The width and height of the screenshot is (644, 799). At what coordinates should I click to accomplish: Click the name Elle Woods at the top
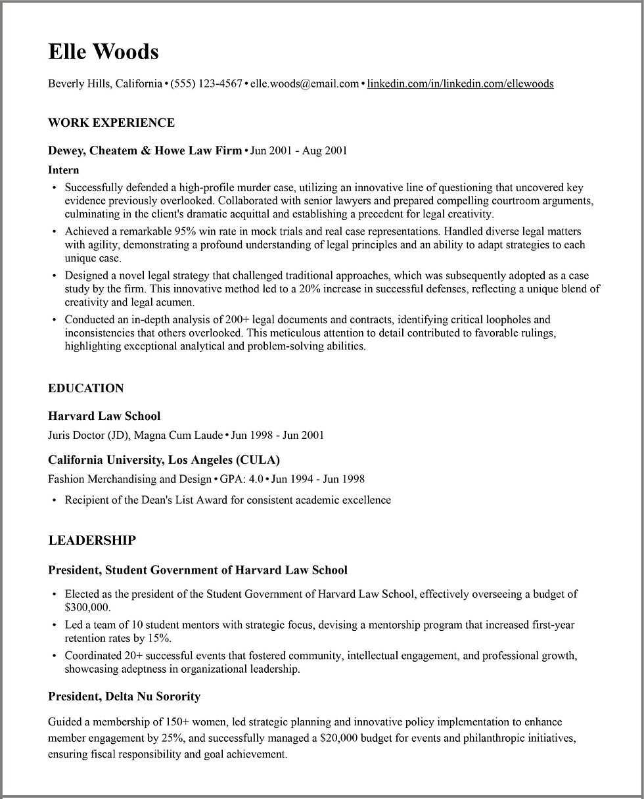(103, 51)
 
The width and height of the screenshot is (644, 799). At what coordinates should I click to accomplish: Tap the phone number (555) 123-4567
(206, 83)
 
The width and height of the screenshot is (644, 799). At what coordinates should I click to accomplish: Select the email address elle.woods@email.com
(304, 83)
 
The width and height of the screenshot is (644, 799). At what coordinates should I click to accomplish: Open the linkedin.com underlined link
(460, 83)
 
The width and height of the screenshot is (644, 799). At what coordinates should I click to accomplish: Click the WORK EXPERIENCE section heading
(111, 123)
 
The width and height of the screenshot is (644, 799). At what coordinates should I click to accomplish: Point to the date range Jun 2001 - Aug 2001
(298, 150)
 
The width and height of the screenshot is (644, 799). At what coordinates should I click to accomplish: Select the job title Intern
(64, 170)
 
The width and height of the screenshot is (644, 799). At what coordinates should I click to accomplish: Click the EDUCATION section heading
(85, 388)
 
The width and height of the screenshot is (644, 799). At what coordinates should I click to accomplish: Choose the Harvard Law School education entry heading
(104, 416)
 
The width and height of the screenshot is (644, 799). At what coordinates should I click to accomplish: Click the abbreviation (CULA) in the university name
(258, 459)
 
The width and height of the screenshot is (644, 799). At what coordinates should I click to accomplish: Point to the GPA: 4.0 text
(241, 479)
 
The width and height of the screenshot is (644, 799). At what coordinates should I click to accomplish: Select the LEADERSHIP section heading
(92, 540)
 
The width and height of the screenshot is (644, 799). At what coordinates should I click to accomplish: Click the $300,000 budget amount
(87, 607)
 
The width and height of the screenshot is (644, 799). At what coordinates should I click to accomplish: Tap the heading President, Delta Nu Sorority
(124, 696)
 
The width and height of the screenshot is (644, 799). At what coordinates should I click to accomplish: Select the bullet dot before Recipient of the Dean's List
(54, 501)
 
